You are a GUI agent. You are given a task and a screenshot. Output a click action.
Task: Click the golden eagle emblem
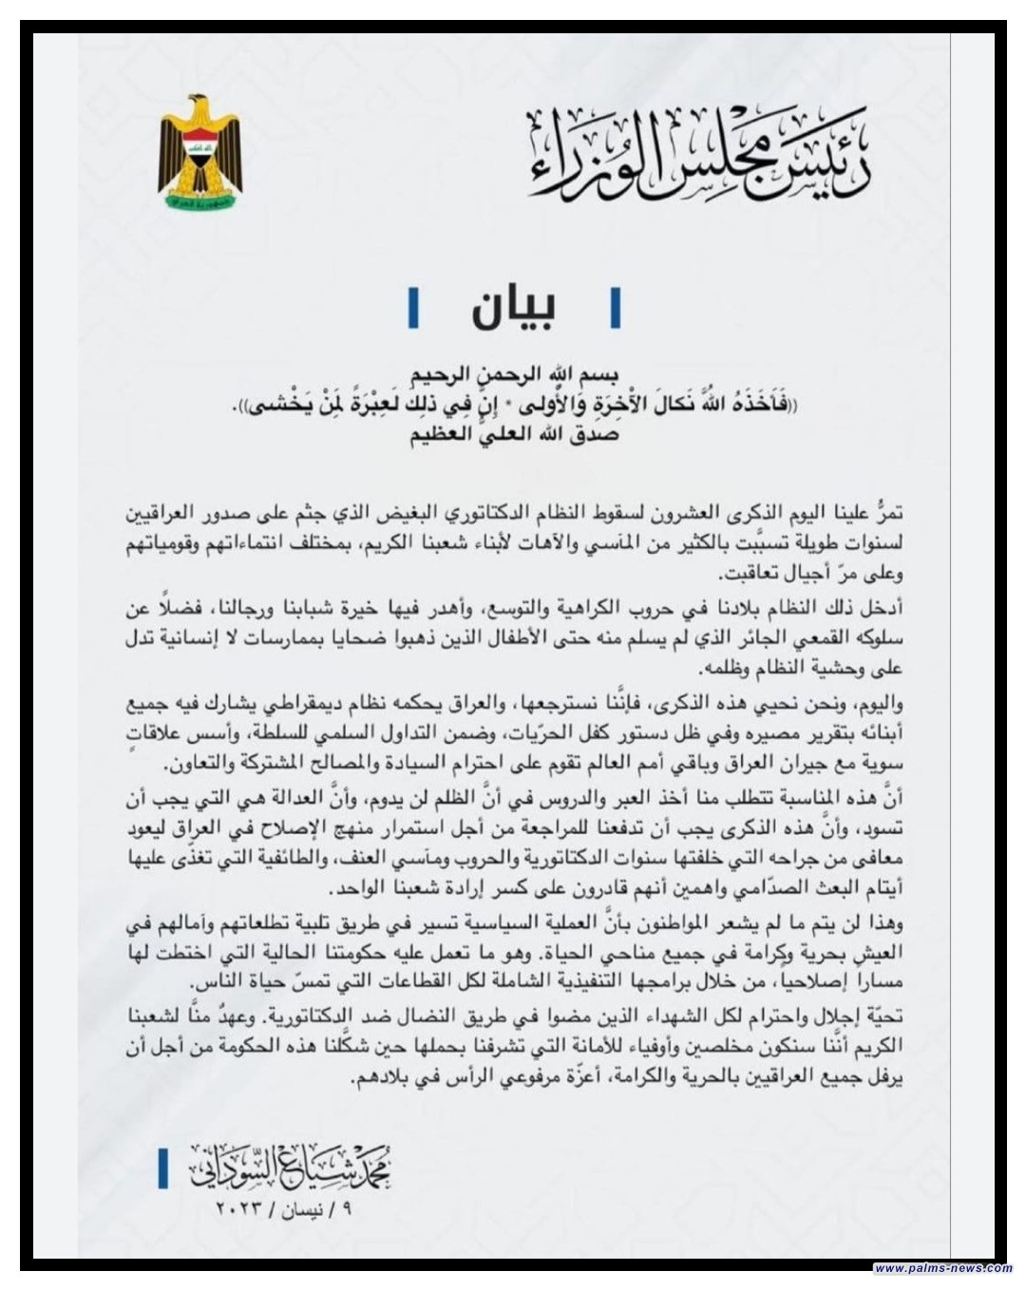tap(201, 151)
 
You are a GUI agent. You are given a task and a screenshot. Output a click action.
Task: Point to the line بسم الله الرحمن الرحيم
tap(513, 373)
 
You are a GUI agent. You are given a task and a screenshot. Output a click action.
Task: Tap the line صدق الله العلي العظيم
tap(513, 438)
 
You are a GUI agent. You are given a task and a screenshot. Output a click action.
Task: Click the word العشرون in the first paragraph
tap(681, 513)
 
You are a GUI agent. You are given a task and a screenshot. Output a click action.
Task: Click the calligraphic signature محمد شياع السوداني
tap(290, 1165)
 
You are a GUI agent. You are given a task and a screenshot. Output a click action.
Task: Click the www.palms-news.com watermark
tap(941, 1268)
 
